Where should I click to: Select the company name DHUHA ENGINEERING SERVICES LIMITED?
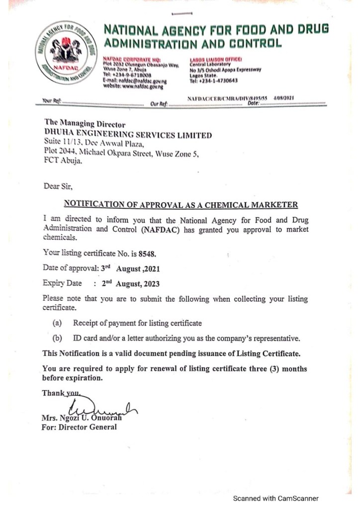coord(128,135)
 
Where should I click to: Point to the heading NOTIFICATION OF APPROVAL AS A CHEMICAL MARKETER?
coord(181,204)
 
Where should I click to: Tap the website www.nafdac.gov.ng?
coord(134,85)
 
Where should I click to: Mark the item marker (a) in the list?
coord(57,323)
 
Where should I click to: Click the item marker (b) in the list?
coord(57,339)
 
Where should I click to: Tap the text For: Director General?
coord(80,427)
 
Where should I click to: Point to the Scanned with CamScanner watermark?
coord(276,499)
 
